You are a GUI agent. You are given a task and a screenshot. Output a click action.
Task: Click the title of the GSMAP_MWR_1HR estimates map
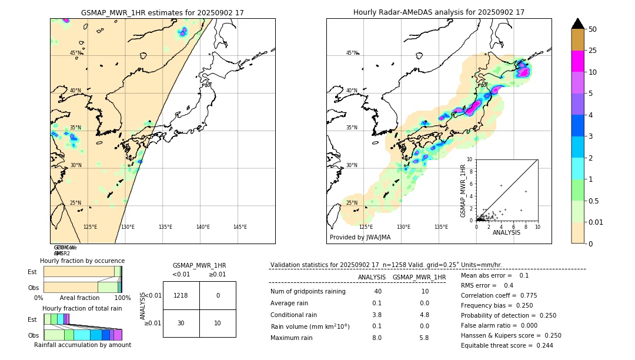coord(162,12)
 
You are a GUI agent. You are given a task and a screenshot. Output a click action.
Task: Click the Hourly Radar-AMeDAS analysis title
coord(439,12)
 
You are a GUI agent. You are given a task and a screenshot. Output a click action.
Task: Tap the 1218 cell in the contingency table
coord(181,295)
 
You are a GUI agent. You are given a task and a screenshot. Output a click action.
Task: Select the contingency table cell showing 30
coord(181,323)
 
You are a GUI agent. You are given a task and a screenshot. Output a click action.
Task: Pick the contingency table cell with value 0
coord(218,295)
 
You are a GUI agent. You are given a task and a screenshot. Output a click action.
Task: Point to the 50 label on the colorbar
coord(593,29)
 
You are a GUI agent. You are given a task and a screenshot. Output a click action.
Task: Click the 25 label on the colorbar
coord(593,51)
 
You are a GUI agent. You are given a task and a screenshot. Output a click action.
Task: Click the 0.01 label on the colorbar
coord(596,222)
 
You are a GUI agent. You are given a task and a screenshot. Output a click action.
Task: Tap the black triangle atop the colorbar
coord(577,24)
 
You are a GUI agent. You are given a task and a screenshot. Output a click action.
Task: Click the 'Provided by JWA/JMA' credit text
coord(360,238)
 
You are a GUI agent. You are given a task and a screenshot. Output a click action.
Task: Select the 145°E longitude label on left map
coord(240,227)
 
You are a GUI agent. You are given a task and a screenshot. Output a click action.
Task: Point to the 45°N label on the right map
coord(352,53)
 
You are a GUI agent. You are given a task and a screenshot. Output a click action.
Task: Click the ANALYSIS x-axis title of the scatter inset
coord(506,232)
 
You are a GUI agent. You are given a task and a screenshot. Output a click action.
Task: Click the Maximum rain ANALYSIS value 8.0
coord(377,338)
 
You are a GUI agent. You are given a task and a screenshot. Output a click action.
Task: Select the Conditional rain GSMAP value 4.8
coord(424,315)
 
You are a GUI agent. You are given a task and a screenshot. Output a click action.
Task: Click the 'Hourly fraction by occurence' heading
coord(82,261)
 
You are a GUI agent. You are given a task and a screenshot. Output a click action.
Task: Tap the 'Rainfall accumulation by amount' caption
coord(82,345)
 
